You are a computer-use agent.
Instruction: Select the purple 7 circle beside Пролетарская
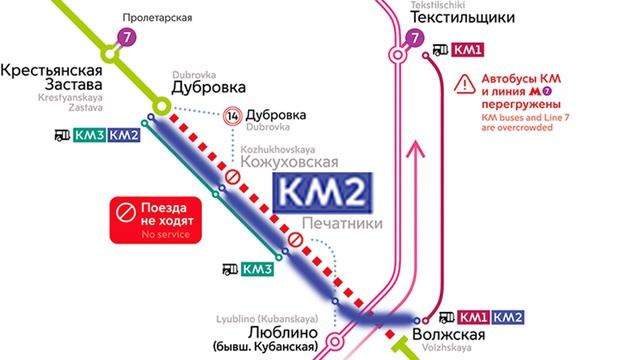126,38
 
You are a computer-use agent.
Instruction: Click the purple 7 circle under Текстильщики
416,41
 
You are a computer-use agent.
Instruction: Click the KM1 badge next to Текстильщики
469,50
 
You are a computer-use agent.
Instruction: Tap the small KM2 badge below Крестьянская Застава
123,136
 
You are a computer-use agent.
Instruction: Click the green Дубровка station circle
160,104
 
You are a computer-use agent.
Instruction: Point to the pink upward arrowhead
419,150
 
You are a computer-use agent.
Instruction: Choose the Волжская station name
449,333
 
